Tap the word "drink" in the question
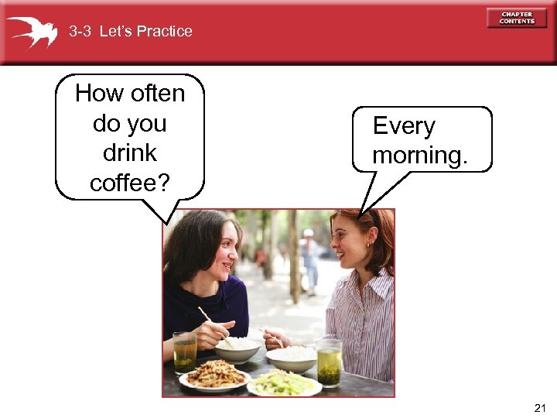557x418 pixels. click(x=129, y=152)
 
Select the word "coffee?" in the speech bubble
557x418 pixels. click(x=130, y=183)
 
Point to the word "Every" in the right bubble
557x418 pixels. click(x=404, y=126)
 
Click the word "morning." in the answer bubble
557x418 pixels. click(x=419, y=155)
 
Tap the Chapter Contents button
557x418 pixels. click(x=517, y=18)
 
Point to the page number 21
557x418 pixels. click(x=540, y=408)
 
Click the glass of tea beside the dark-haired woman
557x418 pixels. click(x=185, y=353)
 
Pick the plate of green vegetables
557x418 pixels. click(x=283, y=382)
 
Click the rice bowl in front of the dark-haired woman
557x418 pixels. click(x=237, y=349)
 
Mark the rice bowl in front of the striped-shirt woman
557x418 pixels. click(x=292, y=357)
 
